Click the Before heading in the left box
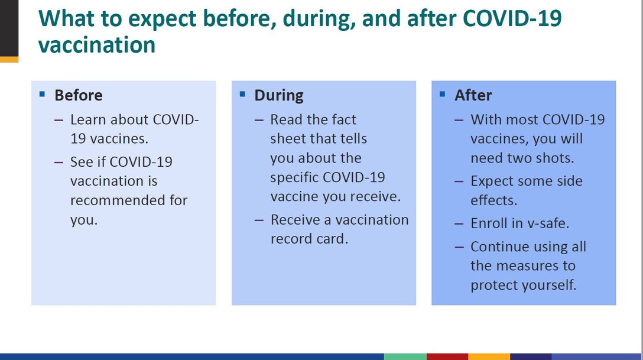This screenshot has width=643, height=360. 78,95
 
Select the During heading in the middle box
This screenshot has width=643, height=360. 278,95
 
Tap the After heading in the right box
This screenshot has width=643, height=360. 473,95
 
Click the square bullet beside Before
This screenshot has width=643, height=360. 42,94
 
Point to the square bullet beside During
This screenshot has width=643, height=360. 242,94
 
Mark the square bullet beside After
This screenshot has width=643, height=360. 443,94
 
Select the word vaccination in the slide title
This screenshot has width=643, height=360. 96,45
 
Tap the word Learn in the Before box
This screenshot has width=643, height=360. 87,119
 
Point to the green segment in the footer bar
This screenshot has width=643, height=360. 405,356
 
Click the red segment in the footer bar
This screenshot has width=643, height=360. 447,356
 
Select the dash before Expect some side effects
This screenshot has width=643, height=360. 459,181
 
